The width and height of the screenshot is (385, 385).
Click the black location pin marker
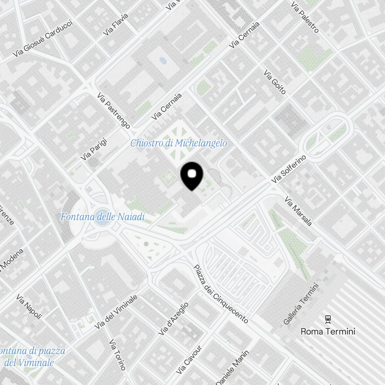(192, 176)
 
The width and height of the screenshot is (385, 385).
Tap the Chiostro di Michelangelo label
(178, 143)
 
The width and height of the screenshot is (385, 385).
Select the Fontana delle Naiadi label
(102, 217)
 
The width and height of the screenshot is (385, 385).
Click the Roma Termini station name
(328, 331)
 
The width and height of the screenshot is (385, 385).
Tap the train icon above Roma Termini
(328, 318)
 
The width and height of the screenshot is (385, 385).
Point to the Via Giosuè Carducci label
(42, 38)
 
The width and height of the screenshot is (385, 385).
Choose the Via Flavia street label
(115, 25)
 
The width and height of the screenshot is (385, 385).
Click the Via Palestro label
(305, 17)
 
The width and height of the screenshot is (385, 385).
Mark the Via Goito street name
(275, 82)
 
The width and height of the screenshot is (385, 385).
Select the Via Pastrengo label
(113, 110)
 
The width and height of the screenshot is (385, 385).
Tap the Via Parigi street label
(94, 149)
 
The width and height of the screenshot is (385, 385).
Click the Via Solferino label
(288, 169)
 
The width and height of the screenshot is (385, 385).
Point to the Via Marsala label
(298, 211)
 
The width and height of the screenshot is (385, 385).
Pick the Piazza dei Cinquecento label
(221, 294)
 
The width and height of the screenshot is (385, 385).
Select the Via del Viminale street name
(116, 312)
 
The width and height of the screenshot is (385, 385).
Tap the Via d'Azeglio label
(174, 318)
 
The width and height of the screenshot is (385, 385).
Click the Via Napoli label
(29, 306)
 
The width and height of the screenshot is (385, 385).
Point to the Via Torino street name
(117, 355)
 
